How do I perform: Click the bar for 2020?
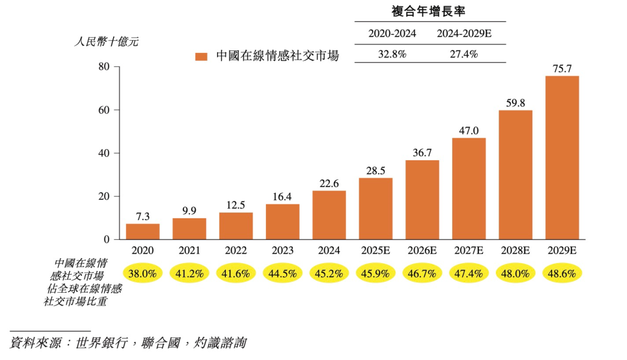[143, 232]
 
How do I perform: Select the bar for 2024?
[329, 215]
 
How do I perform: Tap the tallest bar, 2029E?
[562, 158]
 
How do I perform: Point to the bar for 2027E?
[469, 189]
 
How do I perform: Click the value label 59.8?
[515, 103]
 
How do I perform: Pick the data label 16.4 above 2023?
[283, 197]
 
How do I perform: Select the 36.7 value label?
[422, 153]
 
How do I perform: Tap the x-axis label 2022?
[236, 251]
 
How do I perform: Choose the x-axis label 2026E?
[422, 251]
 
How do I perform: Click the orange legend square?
[201, 56]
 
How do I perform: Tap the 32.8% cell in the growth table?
[392, 54]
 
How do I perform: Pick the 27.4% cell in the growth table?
[464, 54]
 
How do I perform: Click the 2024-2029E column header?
[464, 34]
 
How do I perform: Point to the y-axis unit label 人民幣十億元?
[106, 42]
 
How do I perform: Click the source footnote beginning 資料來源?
[128, 343]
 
